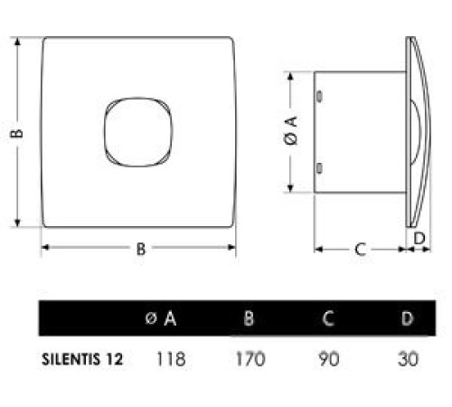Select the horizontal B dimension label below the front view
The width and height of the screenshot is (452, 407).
pyautogui.click(x=140, y=251)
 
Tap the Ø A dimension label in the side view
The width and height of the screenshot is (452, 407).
pyautogui.click(x=290, y=134)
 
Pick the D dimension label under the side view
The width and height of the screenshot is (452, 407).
pyautogui.click(x=419, y=237)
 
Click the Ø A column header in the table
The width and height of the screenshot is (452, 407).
pyautogui.click(x=161, y=318)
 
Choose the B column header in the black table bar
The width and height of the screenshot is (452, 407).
pyautogui.click(x=249, y=318)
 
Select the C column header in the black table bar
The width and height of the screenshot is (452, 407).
pyautogui.click(x=328, y=318)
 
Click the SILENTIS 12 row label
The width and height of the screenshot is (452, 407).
pyautogui.click(x=81, y=359)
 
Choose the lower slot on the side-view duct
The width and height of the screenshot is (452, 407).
pyautogui.click(x=320, y=167)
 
